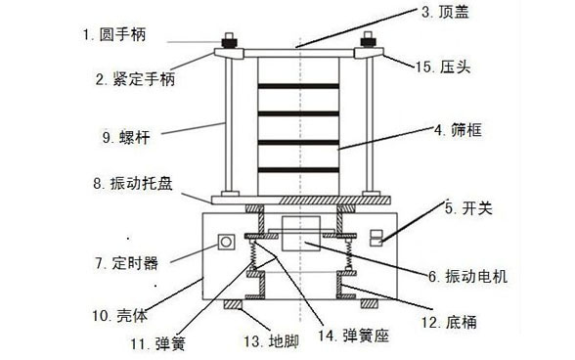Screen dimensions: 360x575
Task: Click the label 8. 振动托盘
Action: point(135,183)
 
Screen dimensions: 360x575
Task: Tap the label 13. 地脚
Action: point(265,342)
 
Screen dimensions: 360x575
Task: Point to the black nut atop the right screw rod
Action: point(373,43)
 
